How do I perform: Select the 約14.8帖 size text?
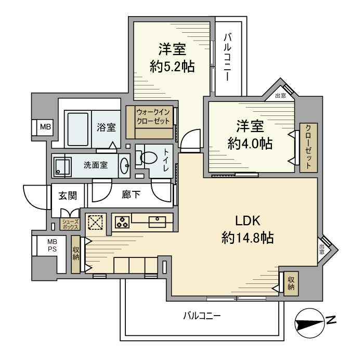pyautogui.click(x=248, y=238)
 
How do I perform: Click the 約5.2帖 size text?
pyautogui.click(x=172, y=67)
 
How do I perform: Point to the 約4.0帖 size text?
pyautogui.click(x=250, y=143)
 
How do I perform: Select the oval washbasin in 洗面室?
pyautogui.click(x=125, y=165)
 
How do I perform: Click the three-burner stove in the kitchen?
pyautogui.click(x=122, y=222)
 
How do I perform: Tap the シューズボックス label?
pyautogui.click(x=70, y=224)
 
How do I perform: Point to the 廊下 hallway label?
pyautogui.click(x=131, y=196)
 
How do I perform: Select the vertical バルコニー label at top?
pyautogui.click(x=228, y=57)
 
